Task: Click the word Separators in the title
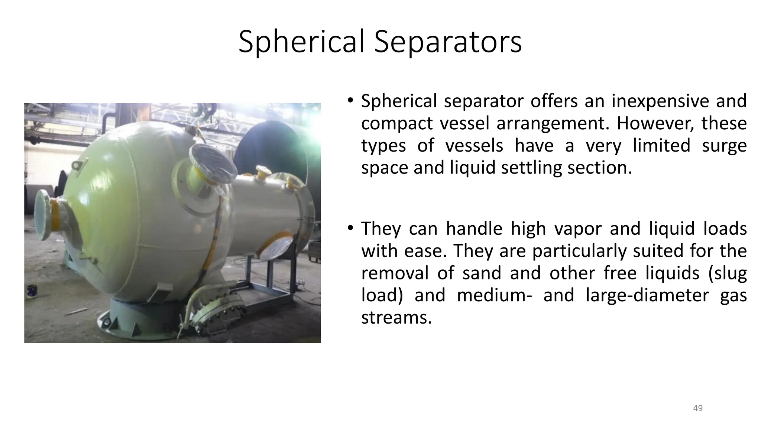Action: [448, 42]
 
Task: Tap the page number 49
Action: [698, 408]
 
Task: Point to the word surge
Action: [724, 146]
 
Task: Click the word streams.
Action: [396, 318]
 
